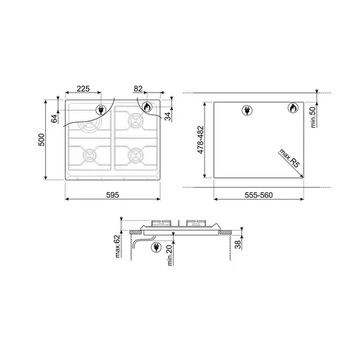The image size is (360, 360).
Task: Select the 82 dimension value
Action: (138, 90)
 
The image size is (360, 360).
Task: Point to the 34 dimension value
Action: (168, 116)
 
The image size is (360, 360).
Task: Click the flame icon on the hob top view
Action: (147, 107)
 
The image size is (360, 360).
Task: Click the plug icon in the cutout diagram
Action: (246, 109)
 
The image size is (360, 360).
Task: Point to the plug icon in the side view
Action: (155, 247)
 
